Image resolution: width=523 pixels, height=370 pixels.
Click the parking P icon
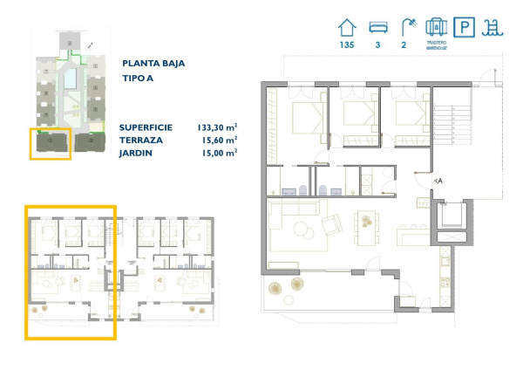[x=467, y=28]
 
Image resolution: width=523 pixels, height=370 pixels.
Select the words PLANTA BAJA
[x=153, y=63]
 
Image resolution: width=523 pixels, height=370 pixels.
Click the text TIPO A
[x=139, y=79]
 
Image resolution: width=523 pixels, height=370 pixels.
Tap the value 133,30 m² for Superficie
[x=217, y=127]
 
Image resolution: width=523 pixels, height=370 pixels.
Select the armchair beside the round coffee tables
[x=332, y=226]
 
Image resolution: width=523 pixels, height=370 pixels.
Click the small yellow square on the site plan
[x=50, y=144]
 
